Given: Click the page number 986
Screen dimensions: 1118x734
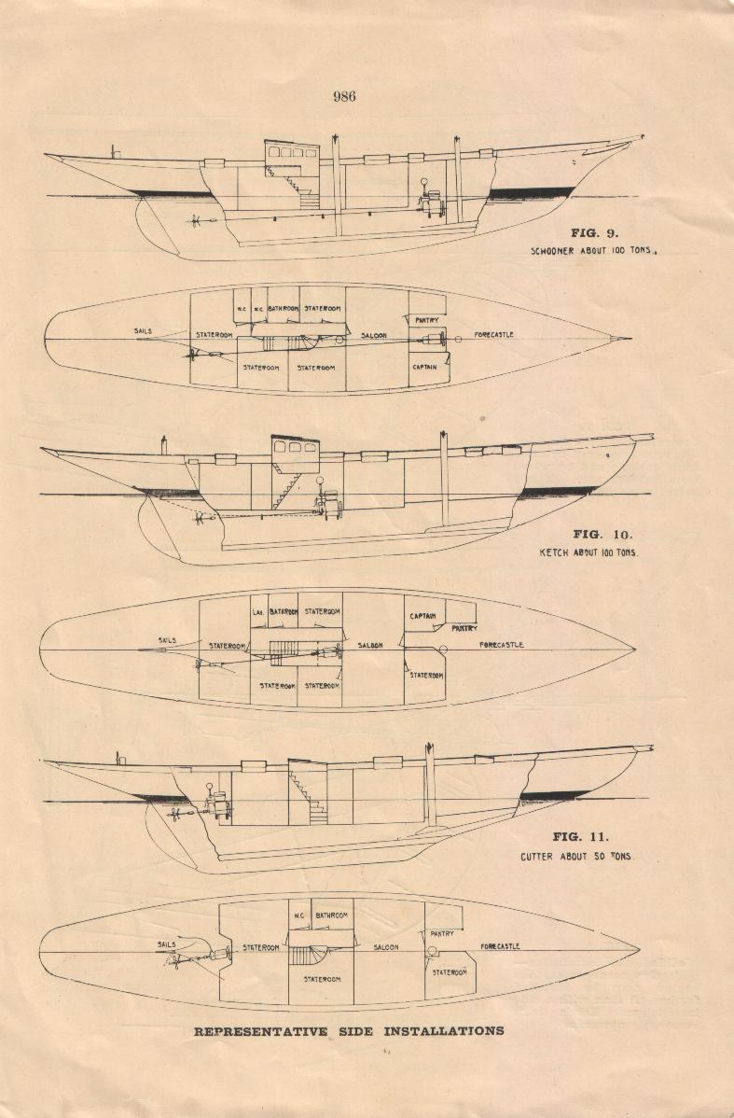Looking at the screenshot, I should (344, 95).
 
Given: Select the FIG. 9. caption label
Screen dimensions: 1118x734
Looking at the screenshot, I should (594, 232).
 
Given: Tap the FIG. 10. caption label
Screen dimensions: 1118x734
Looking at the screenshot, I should (602, 535).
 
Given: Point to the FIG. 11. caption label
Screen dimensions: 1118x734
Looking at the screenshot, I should (580, 837).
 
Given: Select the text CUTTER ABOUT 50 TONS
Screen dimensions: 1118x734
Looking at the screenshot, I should (575, 856).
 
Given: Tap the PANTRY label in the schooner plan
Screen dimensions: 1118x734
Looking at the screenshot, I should (427, 321).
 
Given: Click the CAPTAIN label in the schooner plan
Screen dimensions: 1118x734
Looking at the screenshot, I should (426, 368).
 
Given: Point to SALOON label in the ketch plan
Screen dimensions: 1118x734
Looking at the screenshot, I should (370, 646).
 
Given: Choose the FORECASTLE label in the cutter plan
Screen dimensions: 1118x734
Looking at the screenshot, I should (500, 947).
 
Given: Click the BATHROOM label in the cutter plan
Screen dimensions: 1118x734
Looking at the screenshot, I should (331, 915).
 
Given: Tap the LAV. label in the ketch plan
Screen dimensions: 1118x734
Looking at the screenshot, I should (258, 612).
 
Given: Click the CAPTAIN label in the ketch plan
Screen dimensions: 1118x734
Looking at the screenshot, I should (425, 616).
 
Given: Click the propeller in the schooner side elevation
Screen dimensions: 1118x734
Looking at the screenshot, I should (195, 221).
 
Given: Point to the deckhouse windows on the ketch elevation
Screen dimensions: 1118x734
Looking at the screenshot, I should (295, 447).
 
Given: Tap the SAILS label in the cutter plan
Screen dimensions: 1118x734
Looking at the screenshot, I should (167, 944).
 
